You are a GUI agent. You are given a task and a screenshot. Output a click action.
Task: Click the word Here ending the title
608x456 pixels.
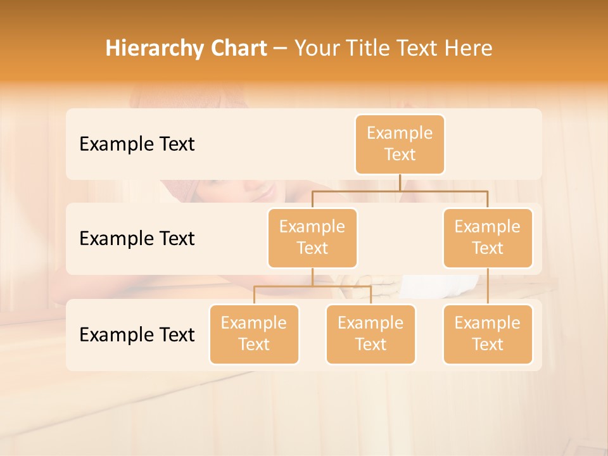point(469,49)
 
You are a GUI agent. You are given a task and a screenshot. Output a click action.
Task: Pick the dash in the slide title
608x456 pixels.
point(281,49)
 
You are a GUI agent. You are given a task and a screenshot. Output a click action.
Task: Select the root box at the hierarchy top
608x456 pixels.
point(400,144)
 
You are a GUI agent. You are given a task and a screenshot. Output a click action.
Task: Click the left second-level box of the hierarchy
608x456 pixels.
point(312,238)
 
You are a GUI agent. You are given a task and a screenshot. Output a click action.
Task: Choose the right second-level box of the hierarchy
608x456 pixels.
point(488,238)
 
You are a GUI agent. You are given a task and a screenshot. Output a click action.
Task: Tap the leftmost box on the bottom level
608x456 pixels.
point(254,334)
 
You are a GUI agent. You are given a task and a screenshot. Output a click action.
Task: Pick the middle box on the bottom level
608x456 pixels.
point(370,334)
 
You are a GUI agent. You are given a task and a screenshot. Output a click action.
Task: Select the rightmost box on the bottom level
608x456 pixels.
point(488,334)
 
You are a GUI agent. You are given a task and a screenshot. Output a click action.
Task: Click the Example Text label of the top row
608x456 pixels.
point(137,144)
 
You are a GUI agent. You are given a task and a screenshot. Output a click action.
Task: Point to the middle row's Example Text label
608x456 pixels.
point(137,239)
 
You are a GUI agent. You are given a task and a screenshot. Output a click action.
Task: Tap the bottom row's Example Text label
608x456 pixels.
point(137,334)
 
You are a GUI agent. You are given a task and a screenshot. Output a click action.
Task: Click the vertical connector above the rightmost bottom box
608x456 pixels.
point(488,286)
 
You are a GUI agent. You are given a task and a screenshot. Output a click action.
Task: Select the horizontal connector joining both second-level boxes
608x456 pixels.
point(400,191)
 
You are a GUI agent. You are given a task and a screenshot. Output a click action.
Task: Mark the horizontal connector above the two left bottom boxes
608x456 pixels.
point(312,286)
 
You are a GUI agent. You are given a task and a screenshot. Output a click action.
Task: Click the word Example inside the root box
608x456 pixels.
point(400,133)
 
